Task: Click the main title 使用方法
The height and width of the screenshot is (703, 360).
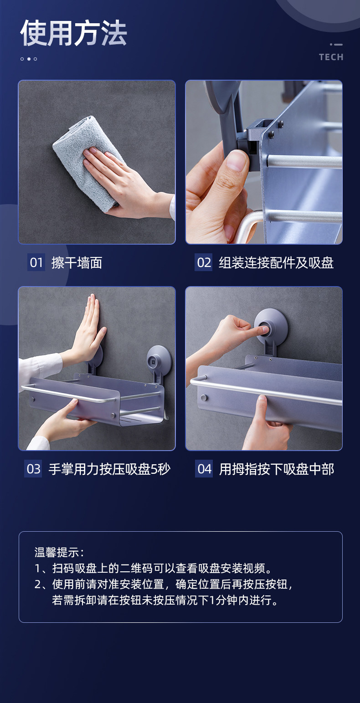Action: pyautogui.click(x=73, y=33)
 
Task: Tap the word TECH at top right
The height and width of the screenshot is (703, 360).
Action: pyautogui.click(x=331, y=57)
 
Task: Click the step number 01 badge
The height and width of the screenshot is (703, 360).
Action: pyautogui.click(x=36, y=262)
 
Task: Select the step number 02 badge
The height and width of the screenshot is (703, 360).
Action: pyautogui.click(x=204, y=262)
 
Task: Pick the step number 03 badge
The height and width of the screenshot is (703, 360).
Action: pyautogui.click(x=33, y=469)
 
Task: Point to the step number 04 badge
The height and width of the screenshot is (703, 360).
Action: pyautogui.click(x=204, y=469)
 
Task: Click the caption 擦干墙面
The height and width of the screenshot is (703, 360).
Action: pyautogui.click(x=77, y=263)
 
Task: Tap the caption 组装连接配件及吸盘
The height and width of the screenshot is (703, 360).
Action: pyautogui.click(x=276, y=263)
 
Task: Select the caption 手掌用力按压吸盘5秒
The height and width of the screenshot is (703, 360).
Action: pyautogui.click(x=109, y=469)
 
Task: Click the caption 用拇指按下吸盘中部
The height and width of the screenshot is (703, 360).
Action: pyautogui.click(x=277, y=469)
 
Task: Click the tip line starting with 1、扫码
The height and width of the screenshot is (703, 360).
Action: pyautogui.click(x=153, y=568)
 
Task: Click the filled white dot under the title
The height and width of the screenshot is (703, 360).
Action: pyautogui.click(x=29, y=59)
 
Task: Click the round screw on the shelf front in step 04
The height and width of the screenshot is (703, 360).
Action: pyautogui.click(x=204, y=398)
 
